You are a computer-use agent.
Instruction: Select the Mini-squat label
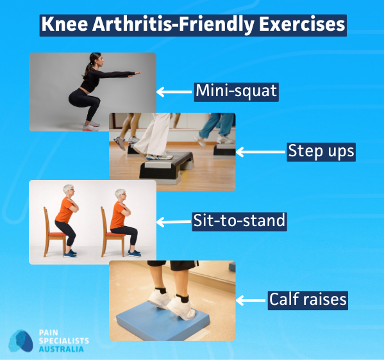point(237,91)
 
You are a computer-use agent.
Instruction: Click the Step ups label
point(321,152)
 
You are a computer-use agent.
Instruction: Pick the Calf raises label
point(308,299)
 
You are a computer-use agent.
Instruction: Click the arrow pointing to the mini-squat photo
point(174,92)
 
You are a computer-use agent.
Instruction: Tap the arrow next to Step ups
point(260,152)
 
